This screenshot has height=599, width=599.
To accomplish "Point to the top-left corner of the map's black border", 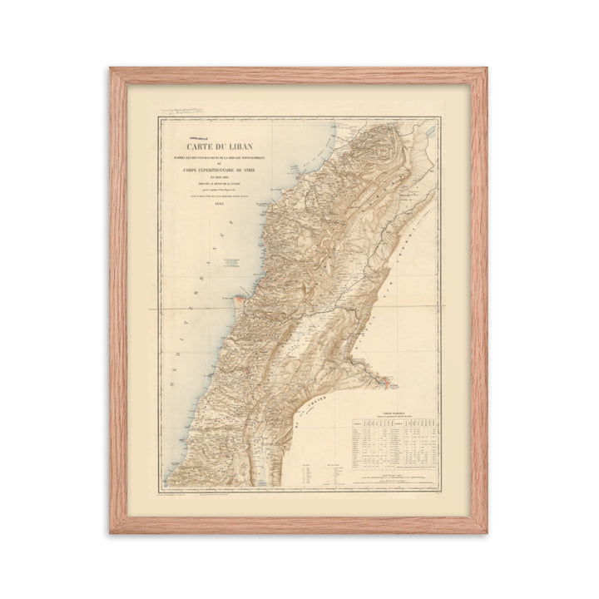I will click(x=159, y=117).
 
